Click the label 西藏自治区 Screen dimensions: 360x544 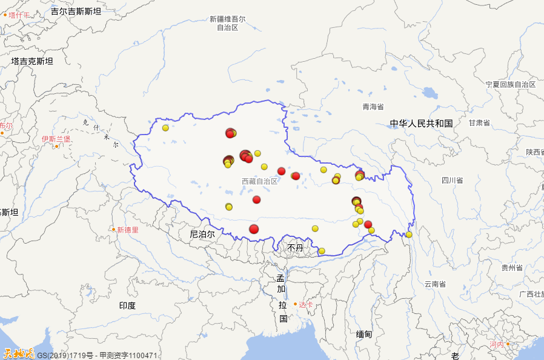click(259, 181)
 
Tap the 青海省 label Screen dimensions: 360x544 click(373, 107)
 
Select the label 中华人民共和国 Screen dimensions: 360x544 click(421, 124)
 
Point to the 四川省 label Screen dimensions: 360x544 click(452, 180)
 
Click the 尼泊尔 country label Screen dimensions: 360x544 click(202, 234)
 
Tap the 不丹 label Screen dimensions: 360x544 click(295, 248)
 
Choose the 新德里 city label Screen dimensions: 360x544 click(127, 230)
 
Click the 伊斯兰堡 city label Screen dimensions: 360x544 click(56, 139)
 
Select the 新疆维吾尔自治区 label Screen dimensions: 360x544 click(227, 23)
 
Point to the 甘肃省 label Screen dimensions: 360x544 click(479, 123)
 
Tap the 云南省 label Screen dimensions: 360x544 click(435, 284)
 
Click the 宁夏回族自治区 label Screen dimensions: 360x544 click(511, 85)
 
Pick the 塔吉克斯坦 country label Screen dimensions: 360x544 click(32, 61)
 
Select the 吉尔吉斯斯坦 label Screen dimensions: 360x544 click(76, 11)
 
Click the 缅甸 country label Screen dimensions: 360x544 click(364, 334)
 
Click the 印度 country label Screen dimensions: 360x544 click(127, 305)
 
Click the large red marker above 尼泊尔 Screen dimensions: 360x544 click(254, 228)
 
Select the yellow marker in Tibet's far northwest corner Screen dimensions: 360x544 click(165, 128)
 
